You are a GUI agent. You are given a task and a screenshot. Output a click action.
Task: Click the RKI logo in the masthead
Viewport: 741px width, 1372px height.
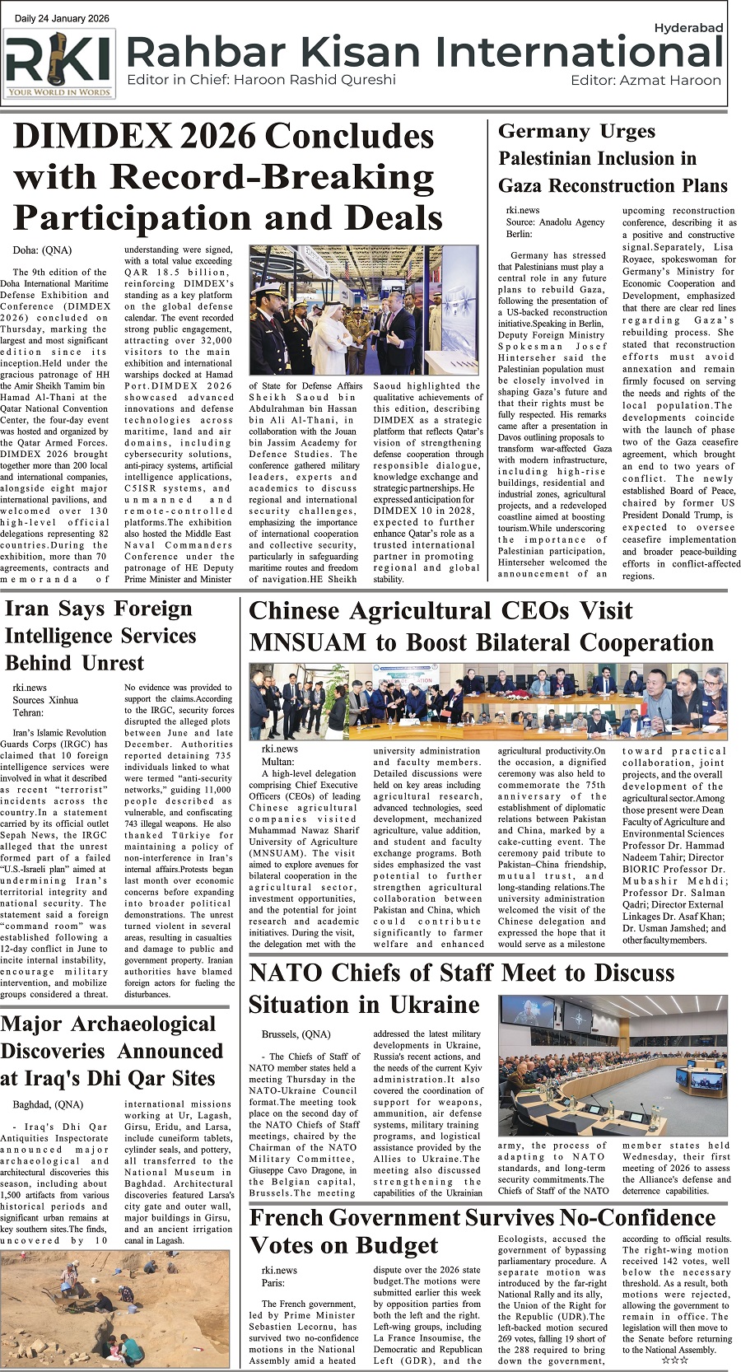tap(59, 63)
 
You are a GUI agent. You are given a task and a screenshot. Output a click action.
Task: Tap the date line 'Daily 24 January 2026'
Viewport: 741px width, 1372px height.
tap(62, 17)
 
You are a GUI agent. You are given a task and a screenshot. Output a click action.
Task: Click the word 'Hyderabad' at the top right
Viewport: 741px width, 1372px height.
tap(688, 28)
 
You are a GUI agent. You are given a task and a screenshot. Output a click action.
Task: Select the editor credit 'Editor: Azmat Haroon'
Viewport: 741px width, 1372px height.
tap(645, 80)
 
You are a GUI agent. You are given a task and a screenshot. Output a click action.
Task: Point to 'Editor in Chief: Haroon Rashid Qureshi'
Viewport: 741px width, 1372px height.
tap(261, 80)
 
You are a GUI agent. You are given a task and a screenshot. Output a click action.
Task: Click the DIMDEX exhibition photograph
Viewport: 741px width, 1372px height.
tap(364, 310)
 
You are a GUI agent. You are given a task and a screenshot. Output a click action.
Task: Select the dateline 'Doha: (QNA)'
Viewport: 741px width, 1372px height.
tap(42, 250)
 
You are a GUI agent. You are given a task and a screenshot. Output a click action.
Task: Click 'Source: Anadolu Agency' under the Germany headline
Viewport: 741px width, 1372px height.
tap(555, 222)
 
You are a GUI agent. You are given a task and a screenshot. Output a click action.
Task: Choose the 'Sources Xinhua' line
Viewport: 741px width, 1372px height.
tap(45, 700)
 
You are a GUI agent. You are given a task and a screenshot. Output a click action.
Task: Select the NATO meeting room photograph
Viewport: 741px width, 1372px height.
tap(613, 1066)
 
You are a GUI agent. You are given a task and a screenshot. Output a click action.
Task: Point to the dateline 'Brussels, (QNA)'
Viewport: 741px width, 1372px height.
tap(296, 1034)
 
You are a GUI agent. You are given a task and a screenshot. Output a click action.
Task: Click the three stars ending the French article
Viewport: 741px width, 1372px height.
tap(675, 1360)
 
